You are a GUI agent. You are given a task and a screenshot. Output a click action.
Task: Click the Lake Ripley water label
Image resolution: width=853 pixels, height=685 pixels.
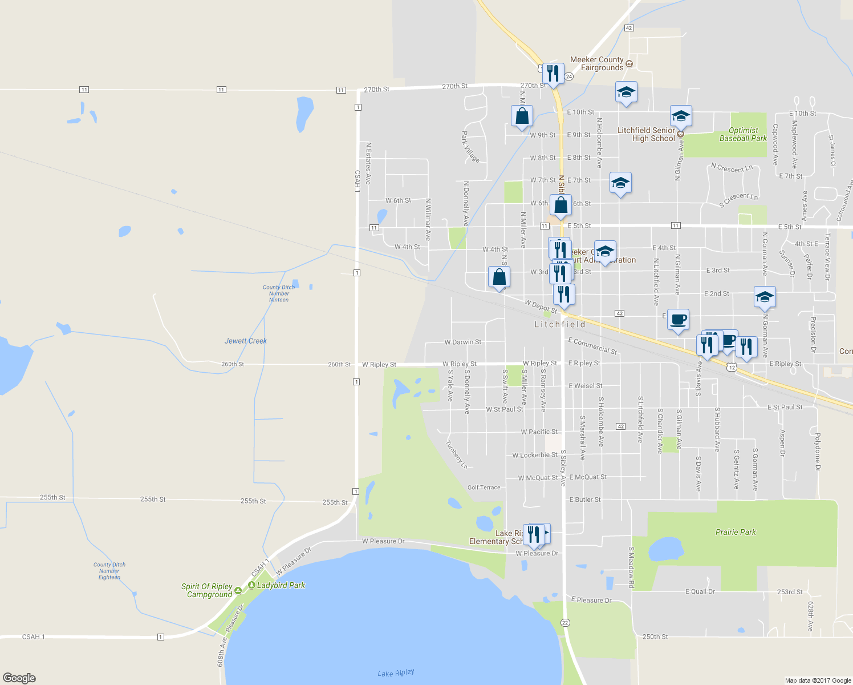coord(396,673)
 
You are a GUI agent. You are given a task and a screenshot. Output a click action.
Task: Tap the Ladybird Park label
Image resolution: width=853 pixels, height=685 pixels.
coord(281,585)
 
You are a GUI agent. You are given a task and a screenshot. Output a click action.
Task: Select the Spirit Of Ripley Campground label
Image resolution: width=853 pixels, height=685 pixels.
coord(207,590)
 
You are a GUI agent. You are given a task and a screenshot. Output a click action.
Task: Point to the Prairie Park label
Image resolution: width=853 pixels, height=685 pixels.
coord(736,532)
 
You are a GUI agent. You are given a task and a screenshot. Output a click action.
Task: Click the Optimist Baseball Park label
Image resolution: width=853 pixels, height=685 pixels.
coord(743,134)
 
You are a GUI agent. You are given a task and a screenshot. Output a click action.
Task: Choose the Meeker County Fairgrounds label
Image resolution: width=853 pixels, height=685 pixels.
coord(597,63)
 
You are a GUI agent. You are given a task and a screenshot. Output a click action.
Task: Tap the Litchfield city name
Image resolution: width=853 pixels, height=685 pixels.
coord(560,324)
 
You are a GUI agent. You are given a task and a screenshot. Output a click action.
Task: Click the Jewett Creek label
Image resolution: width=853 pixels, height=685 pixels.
coord(246,341)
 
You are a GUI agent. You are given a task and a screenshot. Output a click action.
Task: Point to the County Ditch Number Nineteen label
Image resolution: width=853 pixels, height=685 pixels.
coord(279,293)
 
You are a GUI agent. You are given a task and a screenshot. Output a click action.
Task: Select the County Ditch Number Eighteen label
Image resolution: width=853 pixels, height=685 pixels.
coord(109,571)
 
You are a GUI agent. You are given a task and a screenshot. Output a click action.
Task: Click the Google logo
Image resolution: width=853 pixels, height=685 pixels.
coord(19,678)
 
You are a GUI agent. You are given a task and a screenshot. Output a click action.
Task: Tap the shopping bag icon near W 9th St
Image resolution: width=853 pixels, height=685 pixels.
coord(522,116)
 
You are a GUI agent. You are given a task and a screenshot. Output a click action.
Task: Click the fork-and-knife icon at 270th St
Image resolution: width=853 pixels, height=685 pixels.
coord(553,74)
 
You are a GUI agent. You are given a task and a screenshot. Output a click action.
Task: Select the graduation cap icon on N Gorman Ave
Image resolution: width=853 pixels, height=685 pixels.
coord(765,297)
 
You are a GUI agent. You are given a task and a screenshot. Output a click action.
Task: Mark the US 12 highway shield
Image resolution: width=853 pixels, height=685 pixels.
coord(732,368)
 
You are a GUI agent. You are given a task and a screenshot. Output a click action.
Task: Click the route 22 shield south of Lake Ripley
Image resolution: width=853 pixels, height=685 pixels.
coord(565,622)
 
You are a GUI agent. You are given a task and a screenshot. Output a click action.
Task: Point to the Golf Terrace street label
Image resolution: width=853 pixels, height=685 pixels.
coord(484,487)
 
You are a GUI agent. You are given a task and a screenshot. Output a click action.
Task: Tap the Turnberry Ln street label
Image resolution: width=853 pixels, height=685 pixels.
coord(456,455)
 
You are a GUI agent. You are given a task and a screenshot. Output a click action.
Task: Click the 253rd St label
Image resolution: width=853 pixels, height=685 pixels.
coord(790,592)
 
